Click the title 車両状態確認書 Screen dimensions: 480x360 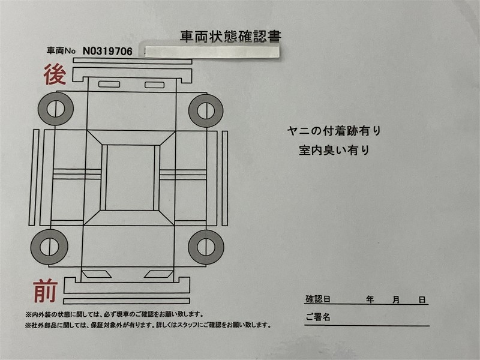[230, 37]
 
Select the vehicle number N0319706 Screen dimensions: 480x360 [107, 51]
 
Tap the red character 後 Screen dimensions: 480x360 [55, 74]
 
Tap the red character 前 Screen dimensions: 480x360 [46, 291]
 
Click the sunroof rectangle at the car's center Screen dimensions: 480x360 [130, 178]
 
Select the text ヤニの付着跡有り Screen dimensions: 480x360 [334, 131]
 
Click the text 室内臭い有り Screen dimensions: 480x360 [334, 150]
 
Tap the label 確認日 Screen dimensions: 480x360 [318, 299]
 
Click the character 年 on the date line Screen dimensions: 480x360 [370, 299]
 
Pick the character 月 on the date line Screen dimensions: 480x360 [396, 299]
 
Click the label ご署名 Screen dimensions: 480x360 [318, 317]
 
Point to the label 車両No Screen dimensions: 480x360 [61, 50]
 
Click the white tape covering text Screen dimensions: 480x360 [212, 51]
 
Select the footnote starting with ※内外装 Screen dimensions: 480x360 [114, 314]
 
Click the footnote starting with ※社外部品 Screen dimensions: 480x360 [148, 325]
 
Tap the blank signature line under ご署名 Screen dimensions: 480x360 [367, 326]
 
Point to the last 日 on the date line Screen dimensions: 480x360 [422, 299]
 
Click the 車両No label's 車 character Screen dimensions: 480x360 [51, 50]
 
